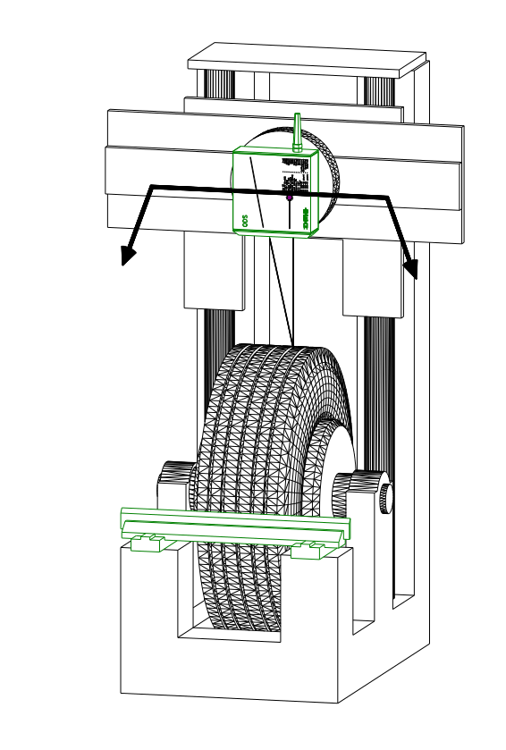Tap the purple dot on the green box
pos(290,198)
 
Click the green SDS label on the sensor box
pos(244,217)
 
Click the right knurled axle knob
pos(383,497)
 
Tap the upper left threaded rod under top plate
pos(219,84)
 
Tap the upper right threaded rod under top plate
pos(377,90)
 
